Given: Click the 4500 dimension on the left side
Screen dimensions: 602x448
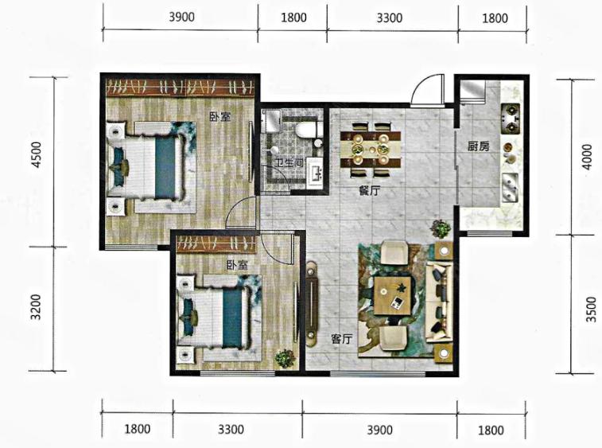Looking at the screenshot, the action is click(37, 154).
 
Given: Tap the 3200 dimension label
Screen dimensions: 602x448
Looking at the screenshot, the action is click(36, 307).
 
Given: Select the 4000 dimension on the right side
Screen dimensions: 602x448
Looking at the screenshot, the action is click(587, 157).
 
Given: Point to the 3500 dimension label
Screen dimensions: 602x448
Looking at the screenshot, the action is click(592, 310).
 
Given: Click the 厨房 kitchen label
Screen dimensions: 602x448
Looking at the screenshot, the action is click(479, 146).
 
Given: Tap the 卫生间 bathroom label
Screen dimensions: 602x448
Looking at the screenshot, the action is click(289, 162).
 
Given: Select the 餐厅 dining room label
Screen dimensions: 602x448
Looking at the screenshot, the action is click(370, 190).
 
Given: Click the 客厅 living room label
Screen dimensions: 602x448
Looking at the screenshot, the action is click(341, 339).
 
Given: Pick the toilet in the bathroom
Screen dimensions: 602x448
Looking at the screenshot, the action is click(309, 130).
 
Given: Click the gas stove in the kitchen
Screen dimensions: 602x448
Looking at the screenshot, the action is click(511, 119).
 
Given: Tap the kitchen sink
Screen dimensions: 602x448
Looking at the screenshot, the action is click(510, 188).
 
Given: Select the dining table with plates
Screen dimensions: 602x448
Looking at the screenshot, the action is click(371, 150).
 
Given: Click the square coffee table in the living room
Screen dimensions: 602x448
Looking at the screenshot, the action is click(392, 296).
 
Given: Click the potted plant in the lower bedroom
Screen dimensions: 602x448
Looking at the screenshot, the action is click(285, 359).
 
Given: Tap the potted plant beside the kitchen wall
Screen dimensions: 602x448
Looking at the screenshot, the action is click(441, 229).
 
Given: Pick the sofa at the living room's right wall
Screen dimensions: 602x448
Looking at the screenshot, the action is click(439, 302).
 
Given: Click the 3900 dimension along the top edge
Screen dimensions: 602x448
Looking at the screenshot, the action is click(181, 17).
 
